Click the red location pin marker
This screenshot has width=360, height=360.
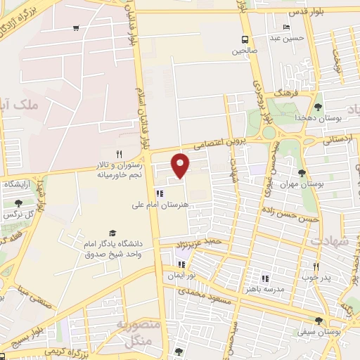pyautogui.click(x=181, y=165)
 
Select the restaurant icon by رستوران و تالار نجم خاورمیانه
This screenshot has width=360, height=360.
pyautogui.click(x=119, y=154)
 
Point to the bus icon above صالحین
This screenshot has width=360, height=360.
pyautogui.click(x=245, y=39)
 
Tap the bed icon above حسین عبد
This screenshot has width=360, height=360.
pyautogui.click(x=285, y=27)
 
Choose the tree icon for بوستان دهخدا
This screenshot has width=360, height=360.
pyautogui.click(x=318, y=107)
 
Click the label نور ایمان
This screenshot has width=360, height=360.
pyautogui.click(x=179, y=276)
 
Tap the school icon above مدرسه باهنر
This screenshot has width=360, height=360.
pyautogui.click(x=265, y=278)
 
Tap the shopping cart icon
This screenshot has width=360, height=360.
pyautogui.click(x=75, y=28)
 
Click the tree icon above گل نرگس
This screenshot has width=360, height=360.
pyautogui.click(x=17, y=202)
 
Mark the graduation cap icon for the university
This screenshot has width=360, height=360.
pyautogui.click(x=112, y=233)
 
